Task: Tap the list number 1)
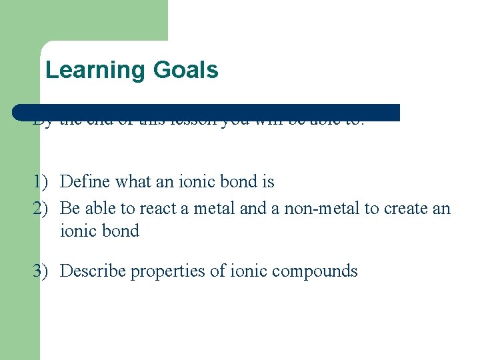point(40,182)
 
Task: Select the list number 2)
point(40,209)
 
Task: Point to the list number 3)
point(40,271)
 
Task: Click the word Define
point(83,181)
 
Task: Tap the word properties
point(161,272)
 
